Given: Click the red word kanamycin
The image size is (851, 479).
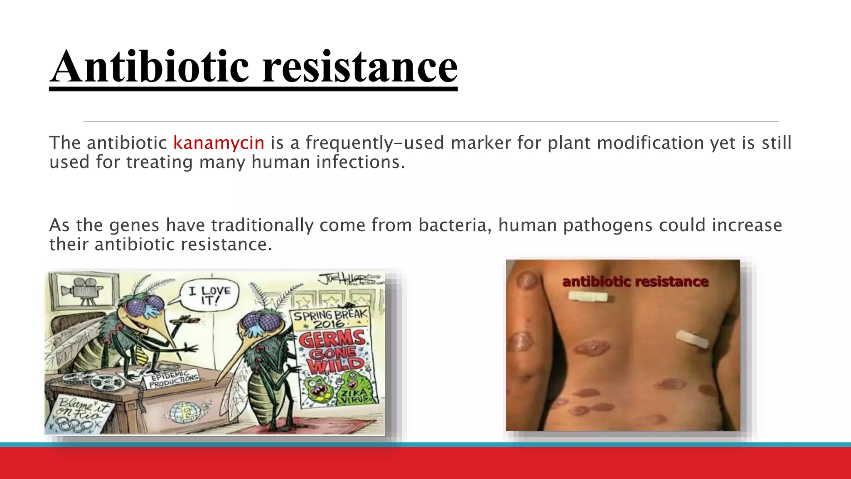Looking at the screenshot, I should tap(219, 143).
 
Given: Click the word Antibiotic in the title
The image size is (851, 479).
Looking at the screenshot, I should tap(150, 67).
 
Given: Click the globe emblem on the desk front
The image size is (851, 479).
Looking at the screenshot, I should tap(184, 412).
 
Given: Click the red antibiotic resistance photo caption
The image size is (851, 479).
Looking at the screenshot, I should tap(635, 281).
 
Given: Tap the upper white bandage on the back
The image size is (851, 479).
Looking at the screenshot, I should tap(588, 296).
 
